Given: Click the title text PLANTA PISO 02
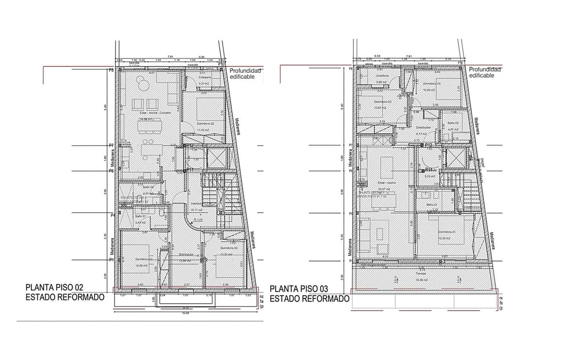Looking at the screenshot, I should [54, 287].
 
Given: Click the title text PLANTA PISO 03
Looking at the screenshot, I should [299, 289].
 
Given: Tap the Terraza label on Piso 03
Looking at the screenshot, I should [421, 273].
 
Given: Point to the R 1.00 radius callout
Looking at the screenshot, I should [198, 220].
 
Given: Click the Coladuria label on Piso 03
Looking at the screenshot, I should [382, 76].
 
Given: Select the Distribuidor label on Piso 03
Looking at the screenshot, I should [423, 128].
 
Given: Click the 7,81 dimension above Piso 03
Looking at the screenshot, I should [409, 56].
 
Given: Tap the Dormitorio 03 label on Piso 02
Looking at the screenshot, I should [229, 248].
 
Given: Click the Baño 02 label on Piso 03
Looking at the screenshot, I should [453, 123].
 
